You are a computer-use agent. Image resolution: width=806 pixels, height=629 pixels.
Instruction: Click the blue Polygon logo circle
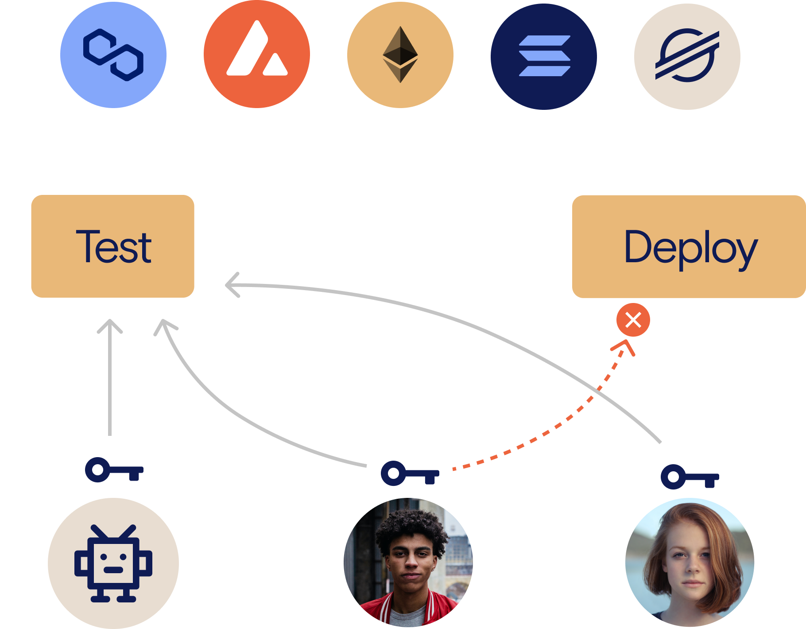click(113, 55)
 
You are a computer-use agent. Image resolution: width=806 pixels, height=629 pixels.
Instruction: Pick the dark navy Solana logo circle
click(544, 56)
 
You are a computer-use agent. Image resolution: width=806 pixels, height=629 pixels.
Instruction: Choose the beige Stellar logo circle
click(687, 56)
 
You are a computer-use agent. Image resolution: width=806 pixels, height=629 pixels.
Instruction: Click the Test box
click(112, 246)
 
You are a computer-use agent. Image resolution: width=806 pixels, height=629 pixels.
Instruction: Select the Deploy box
click(689, 246)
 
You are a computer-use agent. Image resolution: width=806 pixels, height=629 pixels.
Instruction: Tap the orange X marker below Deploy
click(633, 320)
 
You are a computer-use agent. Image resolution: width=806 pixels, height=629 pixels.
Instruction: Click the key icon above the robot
click(114, 470)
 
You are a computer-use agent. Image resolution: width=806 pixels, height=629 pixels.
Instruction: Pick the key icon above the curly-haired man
click(410, 474)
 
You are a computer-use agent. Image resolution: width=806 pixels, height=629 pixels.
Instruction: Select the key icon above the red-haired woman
click(690, 477)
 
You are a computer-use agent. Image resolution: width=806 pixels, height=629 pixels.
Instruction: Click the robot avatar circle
click(113, 563)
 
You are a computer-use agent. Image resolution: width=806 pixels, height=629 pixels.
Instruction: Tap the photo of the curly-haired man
click(408, 562)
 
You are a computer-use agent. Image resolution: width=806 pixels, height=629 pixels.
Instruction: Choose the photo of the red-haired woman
click(690, 562)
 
